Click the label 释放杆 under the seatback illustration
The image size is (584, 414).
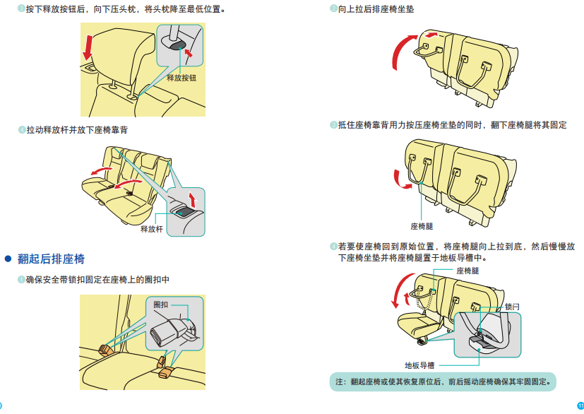click(x=152, y=229)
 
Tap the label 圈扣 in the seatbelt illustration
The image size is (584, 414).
click(x=161, y=304)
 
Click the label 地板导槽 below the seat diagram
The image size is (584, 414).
click(x=419, y=365)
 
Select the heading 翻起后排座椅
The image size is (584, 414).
click(x=51, y=259)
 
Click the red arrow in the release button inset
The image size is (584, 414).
click(x=188, y=51)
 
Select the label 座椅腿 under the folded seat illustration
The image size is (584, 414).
click(x=422, y=226)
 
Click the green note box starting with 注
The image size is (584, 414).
click(x=442, y=382)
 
